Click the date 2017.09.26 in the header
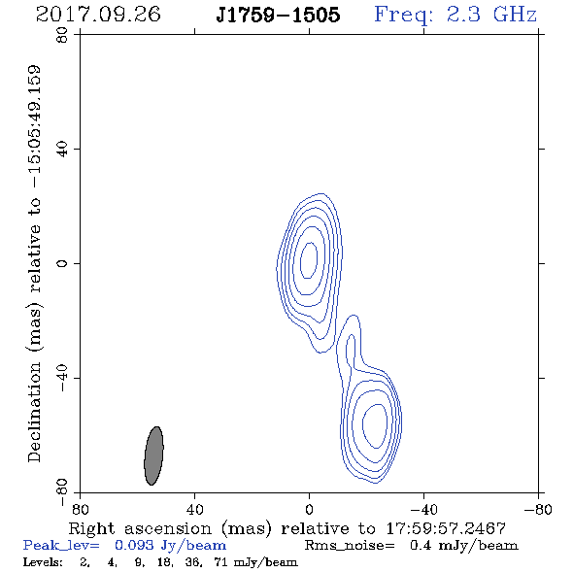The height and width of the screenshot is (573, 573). pyautogui.click(x=98, y=15)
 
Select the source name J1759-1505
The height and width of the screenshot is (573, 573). pyautogui.click(x=278, y=15)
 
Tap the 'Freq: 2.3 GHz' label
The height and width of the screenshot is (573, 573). pyautogui.click(x=455, y=16)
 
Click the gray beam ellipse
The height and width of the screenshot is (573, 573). pyautogui.click(x=153, y=455)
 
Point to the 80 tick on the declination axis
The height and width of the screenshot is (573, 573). pyautogui.click(x=62, y=35)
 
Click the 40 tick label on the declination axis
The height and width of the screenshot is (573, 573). pyautogui.click(x=62, y=150)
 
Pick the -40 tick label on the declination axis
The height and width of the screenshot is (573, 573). pyautogui.click(x=62, y=378)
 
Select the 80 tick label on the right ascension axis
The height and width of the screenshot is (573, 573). pyautogui.click(x=80, y=509)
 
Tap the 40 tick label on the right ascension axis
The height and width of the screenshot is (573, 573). pyautogui.click(x=194, y=509)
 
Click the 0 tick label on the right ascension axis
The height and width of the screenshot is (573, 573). pyautogui.click(x=309, y=509)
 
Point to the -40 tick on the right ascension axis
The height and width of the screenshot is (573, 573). pyautogui.click(x=423, y=509)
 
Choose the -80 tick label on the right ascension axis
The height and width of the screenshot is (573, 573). pyautogui.click(x=538, y=509)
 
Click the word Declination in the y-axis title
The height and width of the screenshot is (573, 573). pyautogui.click(x=34, y=412)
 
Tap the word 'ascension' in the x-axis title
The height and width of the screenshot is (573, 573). pyautogui.click(x=168, y=529)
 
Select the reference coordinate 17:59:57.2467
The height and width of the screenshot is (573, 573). pyautogui.click(x=446, y=528)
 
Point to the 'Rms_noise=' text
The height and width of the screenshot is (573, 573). pyautogui.click(x=350, y=546)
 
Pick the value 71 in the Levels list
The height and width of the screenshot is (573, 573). pyautogui.click(x=221, y=561)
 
